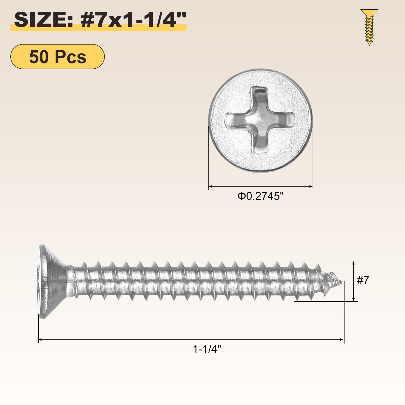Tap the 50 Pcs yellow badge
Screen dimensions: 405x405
[x=57, y=56]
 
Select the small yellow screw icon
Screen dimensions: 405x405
[x=369, y=27]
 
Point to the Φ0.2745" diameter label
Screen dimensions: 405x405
[x=260, y=196]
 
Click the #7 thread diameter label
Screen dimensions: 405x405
[x=363, y=280]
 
